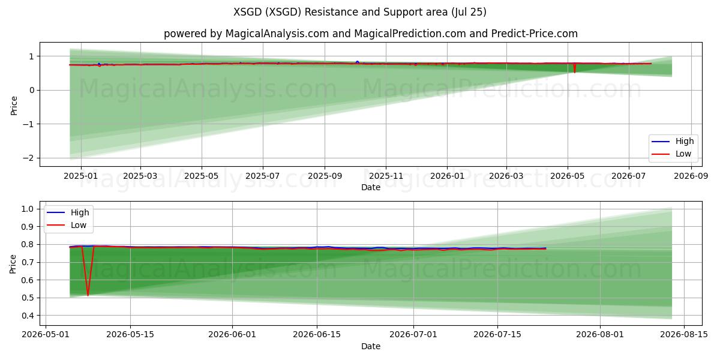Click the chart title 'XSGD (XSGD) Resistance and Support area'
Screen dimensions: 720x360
(340, 12)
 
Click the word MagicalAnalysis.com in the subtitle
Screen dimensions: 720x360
(277, 34)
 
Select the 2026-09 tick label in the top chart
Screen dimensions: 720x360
(691, 176)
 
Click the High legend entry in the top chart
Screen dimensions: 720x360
(673, 141)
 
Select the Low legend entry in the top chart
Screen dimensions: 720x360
(671, 154)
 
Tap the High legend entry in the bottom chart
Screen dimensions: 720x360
(68, 212)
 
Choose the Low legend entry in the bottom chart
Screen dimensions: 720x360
(67, 225)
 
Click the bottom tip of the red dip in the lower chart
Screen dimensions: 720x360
(88, 296)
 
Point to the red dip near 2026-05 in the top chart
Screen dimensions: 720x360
(574, 68)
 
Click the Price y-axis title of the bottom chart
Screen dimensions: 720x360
(13, 264)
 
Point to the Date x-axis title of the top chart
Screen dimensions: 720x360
(371, 187)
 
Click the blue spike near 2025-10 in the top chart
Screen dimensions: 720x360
(357, 62)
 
